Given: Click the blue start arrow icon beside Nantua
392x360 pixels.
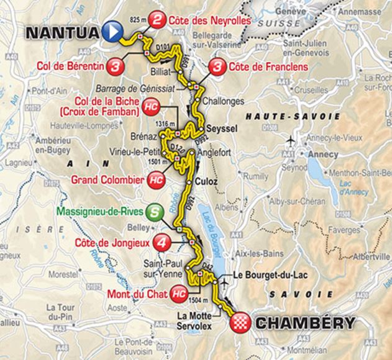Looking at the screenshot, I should (x=112, y=30).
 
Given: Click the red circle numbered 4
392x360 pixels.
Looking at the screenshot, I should (x=162, y=242).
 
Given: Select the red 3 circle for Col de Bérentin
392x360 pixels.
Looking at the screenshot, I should (x=115, y=65).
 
